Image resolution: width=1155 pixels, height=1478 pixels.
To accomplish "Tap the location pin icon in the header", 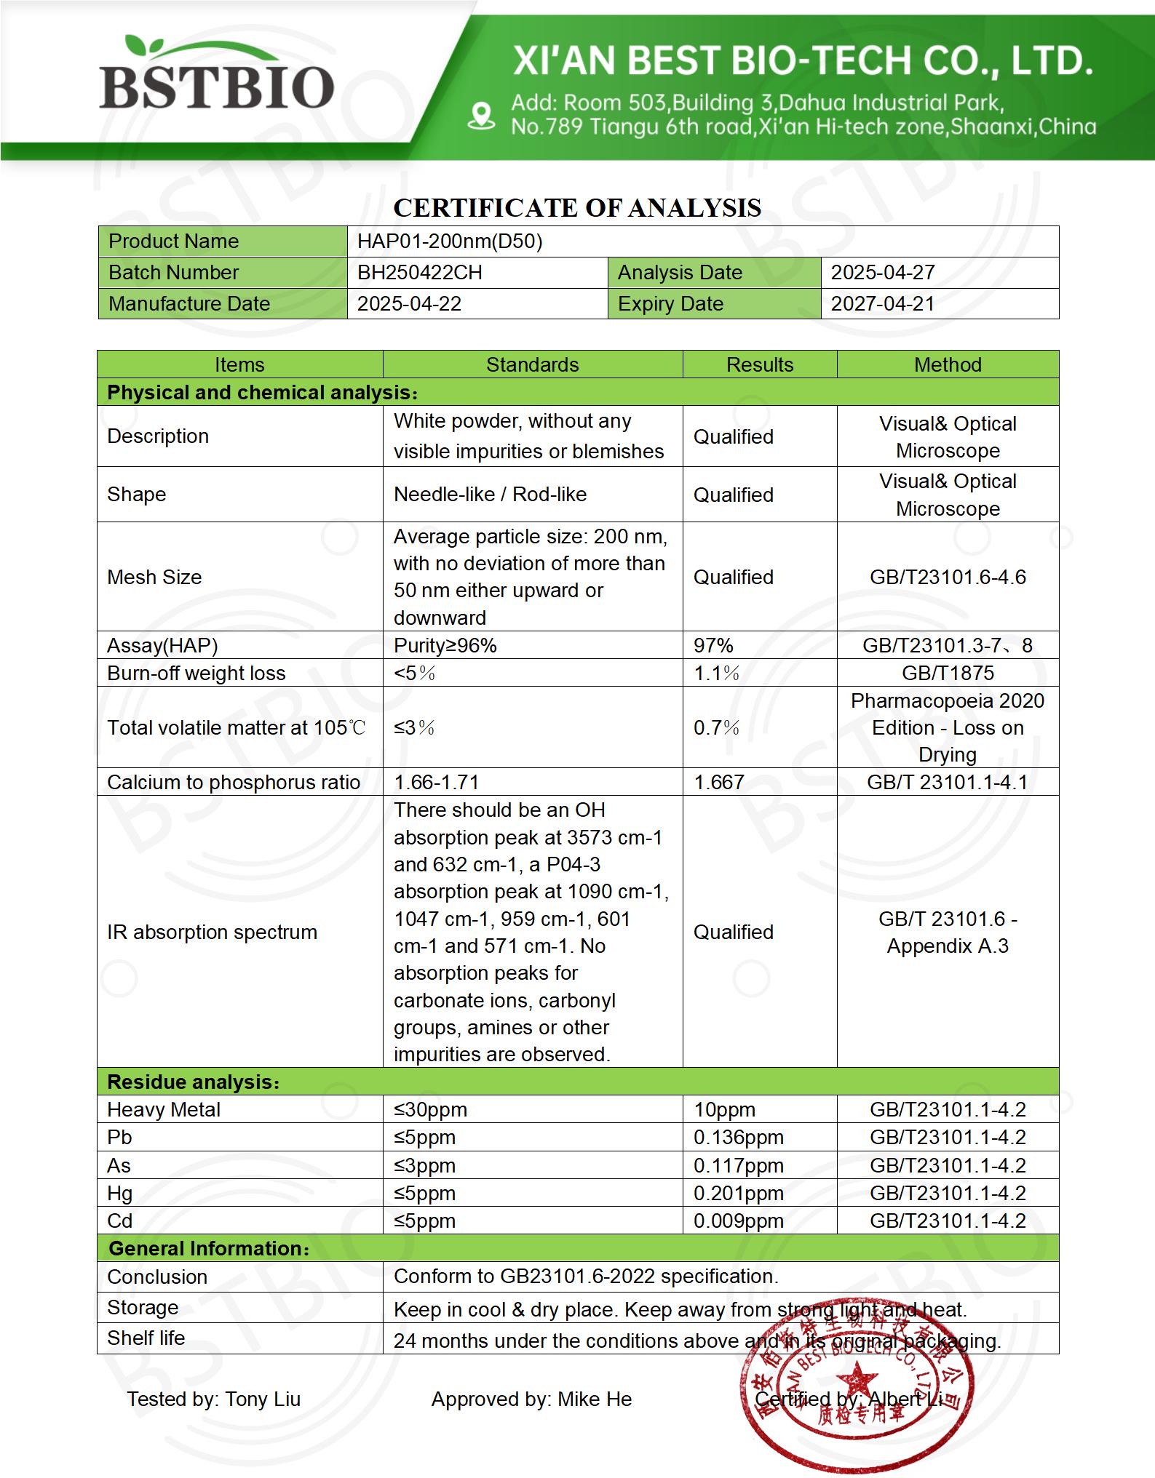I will (x=481, y=116).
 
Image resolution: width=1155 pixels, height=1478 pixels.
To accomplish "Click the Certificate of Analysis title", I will (x=577, y=208).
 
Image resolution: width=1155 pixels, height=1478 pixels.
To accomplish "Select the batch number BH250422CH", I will (x=419, y=273).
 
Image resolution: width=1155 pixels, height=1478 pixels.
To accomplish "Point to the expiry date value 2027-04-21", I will (x=882, y=304).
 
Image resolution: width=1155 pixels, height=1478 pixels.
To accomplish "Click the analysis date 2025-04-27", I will (x=882, y=273).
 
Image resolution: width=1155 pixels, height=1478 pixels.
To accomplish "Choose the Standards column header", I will (x=532, y=364).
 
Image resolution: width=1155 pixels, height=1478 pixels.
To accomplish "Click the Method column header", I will (x=948, y=364).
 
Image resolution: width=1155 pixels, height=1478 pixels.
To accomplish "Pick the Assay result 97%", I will (x=713, y=646).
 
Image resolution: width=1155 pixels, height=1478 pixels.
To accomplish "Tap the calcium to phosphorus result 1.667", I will (x=718, y=783).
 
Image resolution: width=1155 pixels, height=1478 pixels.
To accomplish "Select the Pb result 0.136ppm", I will (x=738, y=1138).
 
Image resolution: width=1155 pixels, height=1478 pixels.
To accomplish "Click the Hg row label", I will (x=120, y=1194).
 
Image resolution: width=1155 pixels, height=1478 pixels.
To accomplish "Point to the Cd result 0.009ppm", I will (x=738, y=1221).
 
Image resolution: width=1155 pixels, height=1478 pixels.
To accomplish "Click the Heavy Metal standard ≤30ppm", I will (x=430, y=1110).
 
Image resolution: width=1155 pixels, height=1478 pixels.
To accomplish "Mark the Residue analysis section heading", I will (x=193, y=1082).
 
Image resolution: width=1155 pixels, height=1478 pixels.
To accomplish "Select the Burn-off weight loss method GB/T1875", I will (x=948, y=674).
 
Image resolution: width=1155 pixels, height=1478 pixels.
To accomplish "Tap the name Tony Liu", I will (x=263, y=1399).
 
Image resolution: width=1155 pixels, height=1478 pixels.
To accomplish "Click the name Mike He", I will (x=595, y=1399).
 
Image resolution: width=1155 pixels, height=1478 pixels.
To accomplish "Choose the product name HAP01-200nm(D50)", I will (x=450, y=241).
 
